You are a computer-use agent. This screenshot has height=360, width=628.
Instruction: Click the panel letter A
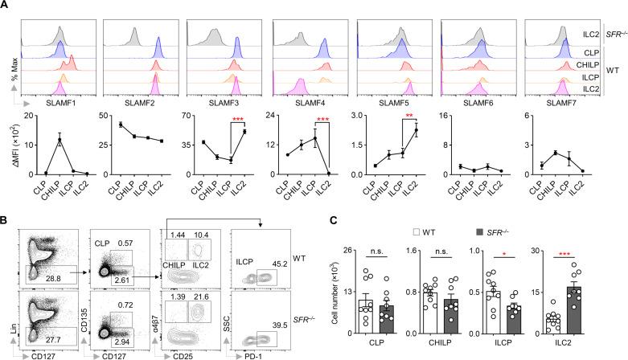(x=6, y=6)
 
